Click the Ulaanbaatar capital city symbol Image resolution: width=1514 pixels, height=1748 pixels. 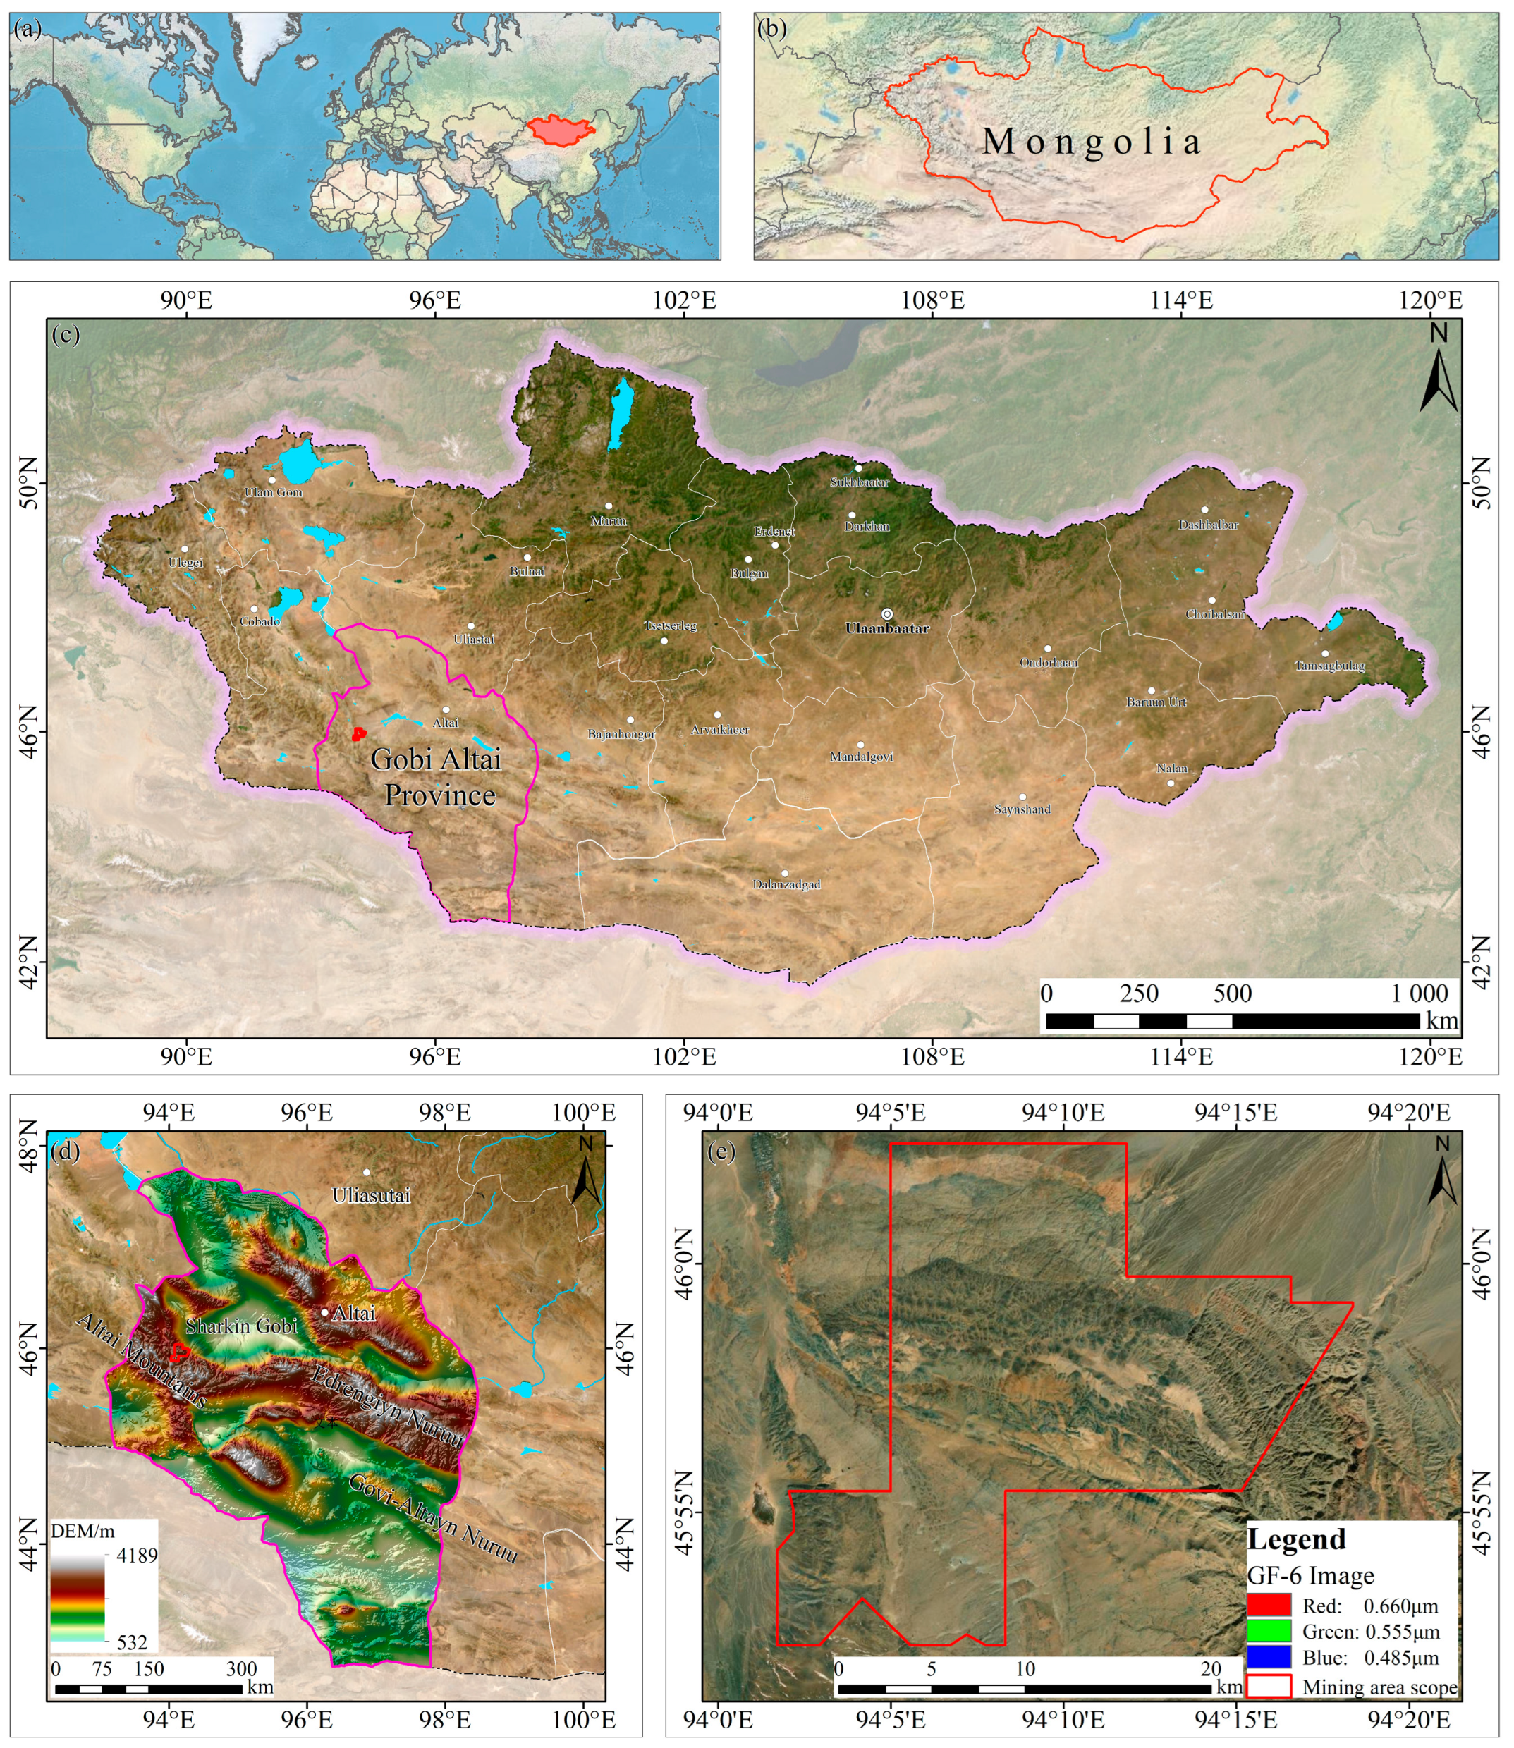(886, 614)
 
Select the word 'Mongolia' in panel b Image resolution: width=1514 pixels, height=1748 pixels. (1092, 141)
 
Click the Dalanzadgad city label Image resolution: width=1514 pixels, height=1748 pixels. (786, 884)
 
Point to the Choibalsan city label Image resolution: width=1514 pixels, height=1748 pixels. (1215, 614)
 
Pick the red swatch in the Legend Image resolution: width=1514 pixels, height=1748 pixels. (1269, 1606)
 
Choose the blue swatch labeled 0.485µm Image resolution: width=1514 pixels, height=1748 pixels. (1269, 1657)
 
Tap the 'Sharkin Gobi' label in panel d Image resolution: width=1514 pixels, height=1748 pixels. (242, 1326)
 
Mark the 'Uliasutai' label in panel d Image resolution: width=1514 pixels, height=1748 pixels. (371, 1195)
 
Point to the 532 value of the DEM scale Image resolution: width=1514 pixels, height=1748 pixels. (132, 1642)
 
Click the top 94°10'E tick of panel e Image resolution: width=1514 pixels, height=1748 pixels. (1063, 1113)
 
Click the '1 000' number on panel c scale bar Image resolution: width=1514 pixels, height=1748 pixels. (1420, 994)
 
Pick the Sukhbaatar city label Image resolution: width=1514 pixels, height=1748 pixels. (859, 482)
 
